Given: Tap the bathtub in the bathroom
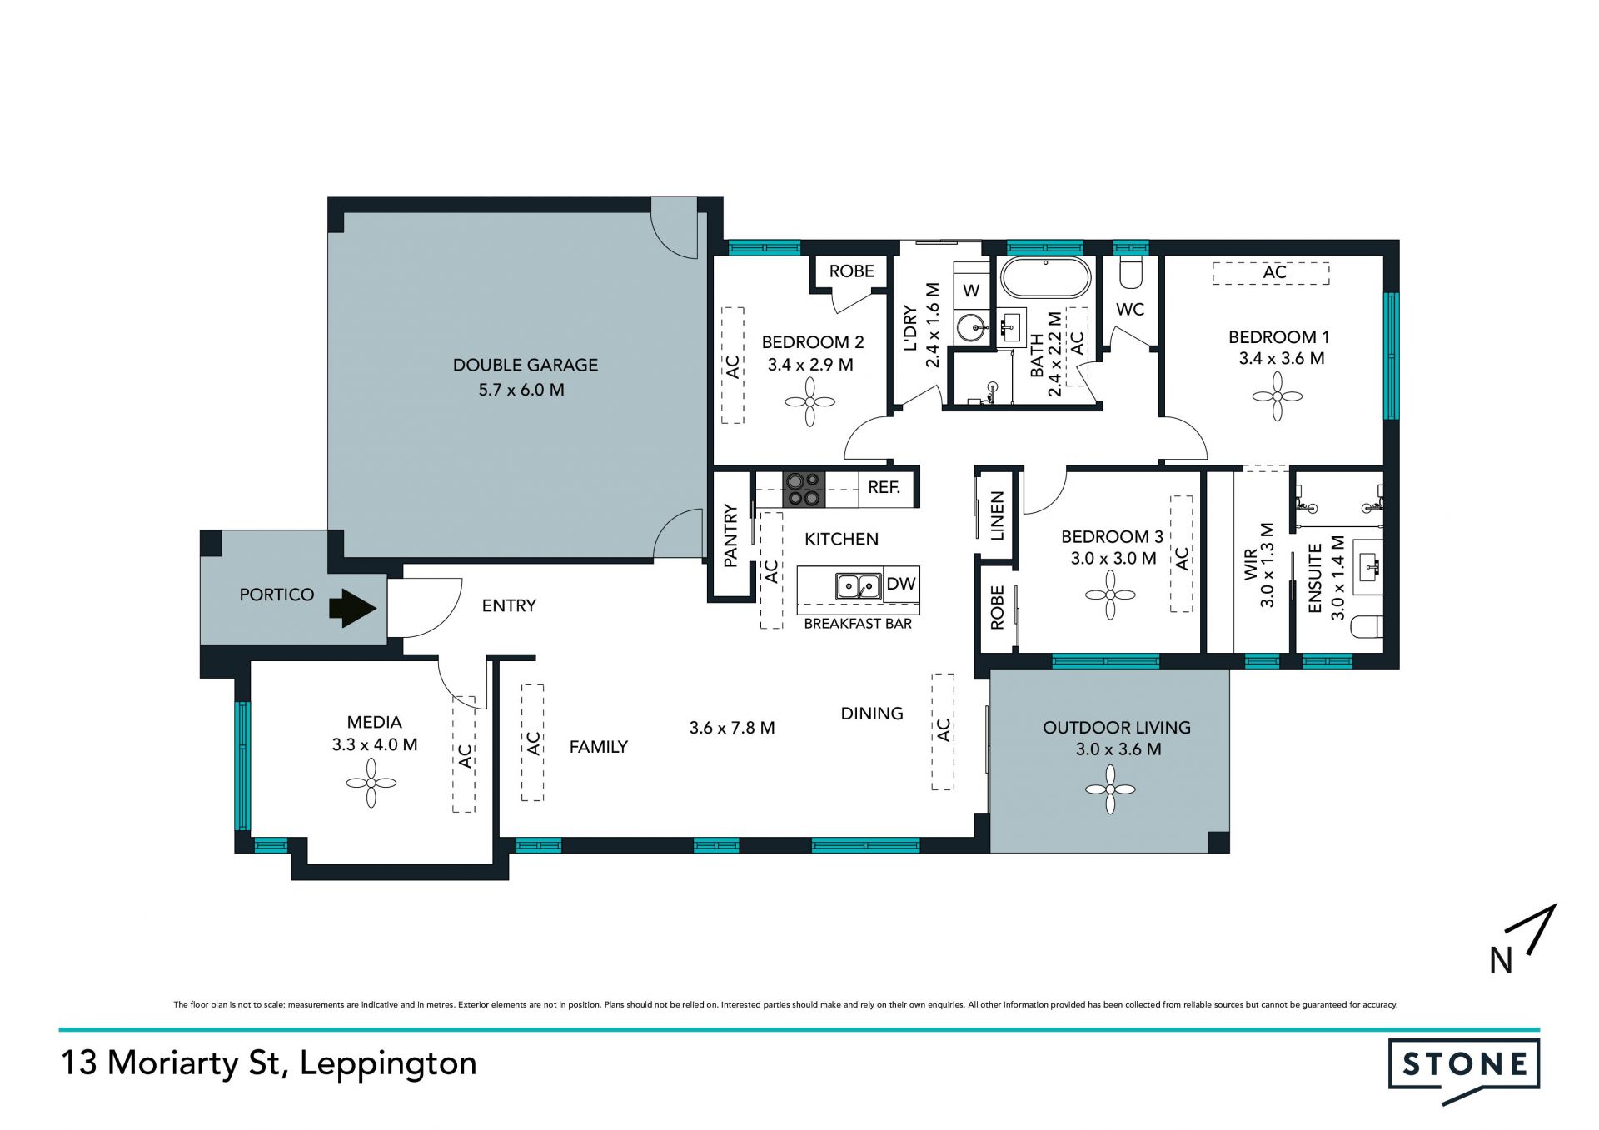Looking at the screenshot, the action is (1045, 278).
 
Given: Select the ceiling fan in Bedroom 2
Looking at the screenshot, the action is (810, 402).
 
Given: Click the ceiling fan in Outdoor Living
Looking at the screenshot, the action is (1110, 789).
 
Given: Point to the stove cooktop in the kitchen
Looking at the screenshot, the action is (804, 490).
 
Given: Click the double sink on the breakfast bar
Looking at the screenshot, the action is (859, 586).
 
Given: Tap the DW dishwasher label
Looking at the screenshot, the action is (901, 584).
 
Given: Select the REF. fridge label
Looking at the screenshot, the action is (884, 487).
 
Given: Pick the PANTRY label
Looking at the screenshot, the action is (730, 535).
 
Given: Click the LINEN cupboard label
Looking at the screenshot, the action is (997, 516).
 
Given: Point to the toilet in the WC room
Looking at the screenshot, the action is (1131, 271).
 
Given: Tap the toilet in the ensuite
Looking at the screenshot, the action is (1368, 626).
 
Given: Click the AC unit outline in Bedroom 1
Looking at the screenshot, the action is (1271, 273).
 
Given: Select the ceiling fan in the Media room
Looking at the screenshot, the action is (371, 783).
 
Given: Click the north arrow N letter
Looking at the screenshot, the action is (1501, 961).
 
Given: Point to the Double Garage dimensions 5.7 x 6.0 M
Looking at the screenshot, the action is (521, 390).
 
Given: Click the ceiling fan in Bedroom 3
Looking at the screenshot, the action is (1110, 595).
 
